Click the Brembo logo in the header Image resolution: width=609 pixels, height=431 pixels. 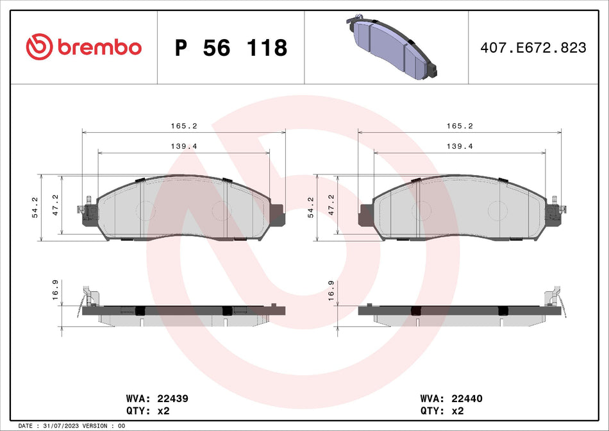(x=83, y=47)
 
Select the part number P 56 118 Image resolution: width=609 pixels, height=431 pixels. (x=231, y=47)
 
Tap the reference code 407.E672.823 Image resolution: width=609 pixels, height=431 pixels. (x=533, y=47)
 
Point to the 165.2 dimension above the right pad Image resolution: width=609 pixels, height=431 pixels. (x=460, y=127)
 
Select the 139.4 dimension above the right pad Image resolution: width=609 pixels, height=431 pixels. (x=460, y=147)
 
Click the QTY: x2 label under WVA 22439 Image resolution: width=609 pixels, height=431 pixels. (x=148, y=410)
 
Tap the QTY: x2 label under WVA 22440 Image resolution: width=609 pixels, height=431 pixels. (x=443, y=410)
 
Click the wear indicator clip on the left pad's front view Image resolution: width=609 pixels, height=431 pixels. (x=84, y=209)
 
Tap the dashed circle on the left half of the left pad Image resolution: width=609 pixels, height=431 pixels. (x=144, y=210)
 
